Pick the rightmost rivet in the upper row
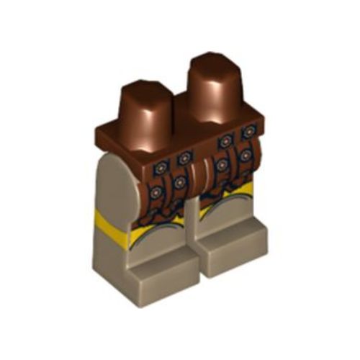[x=249, y=132]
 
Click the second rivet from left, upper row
[x=186, y=156]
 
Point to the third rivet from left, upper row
[x=225, y=141]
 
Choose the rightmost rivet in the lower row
[x=246, y=155]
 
